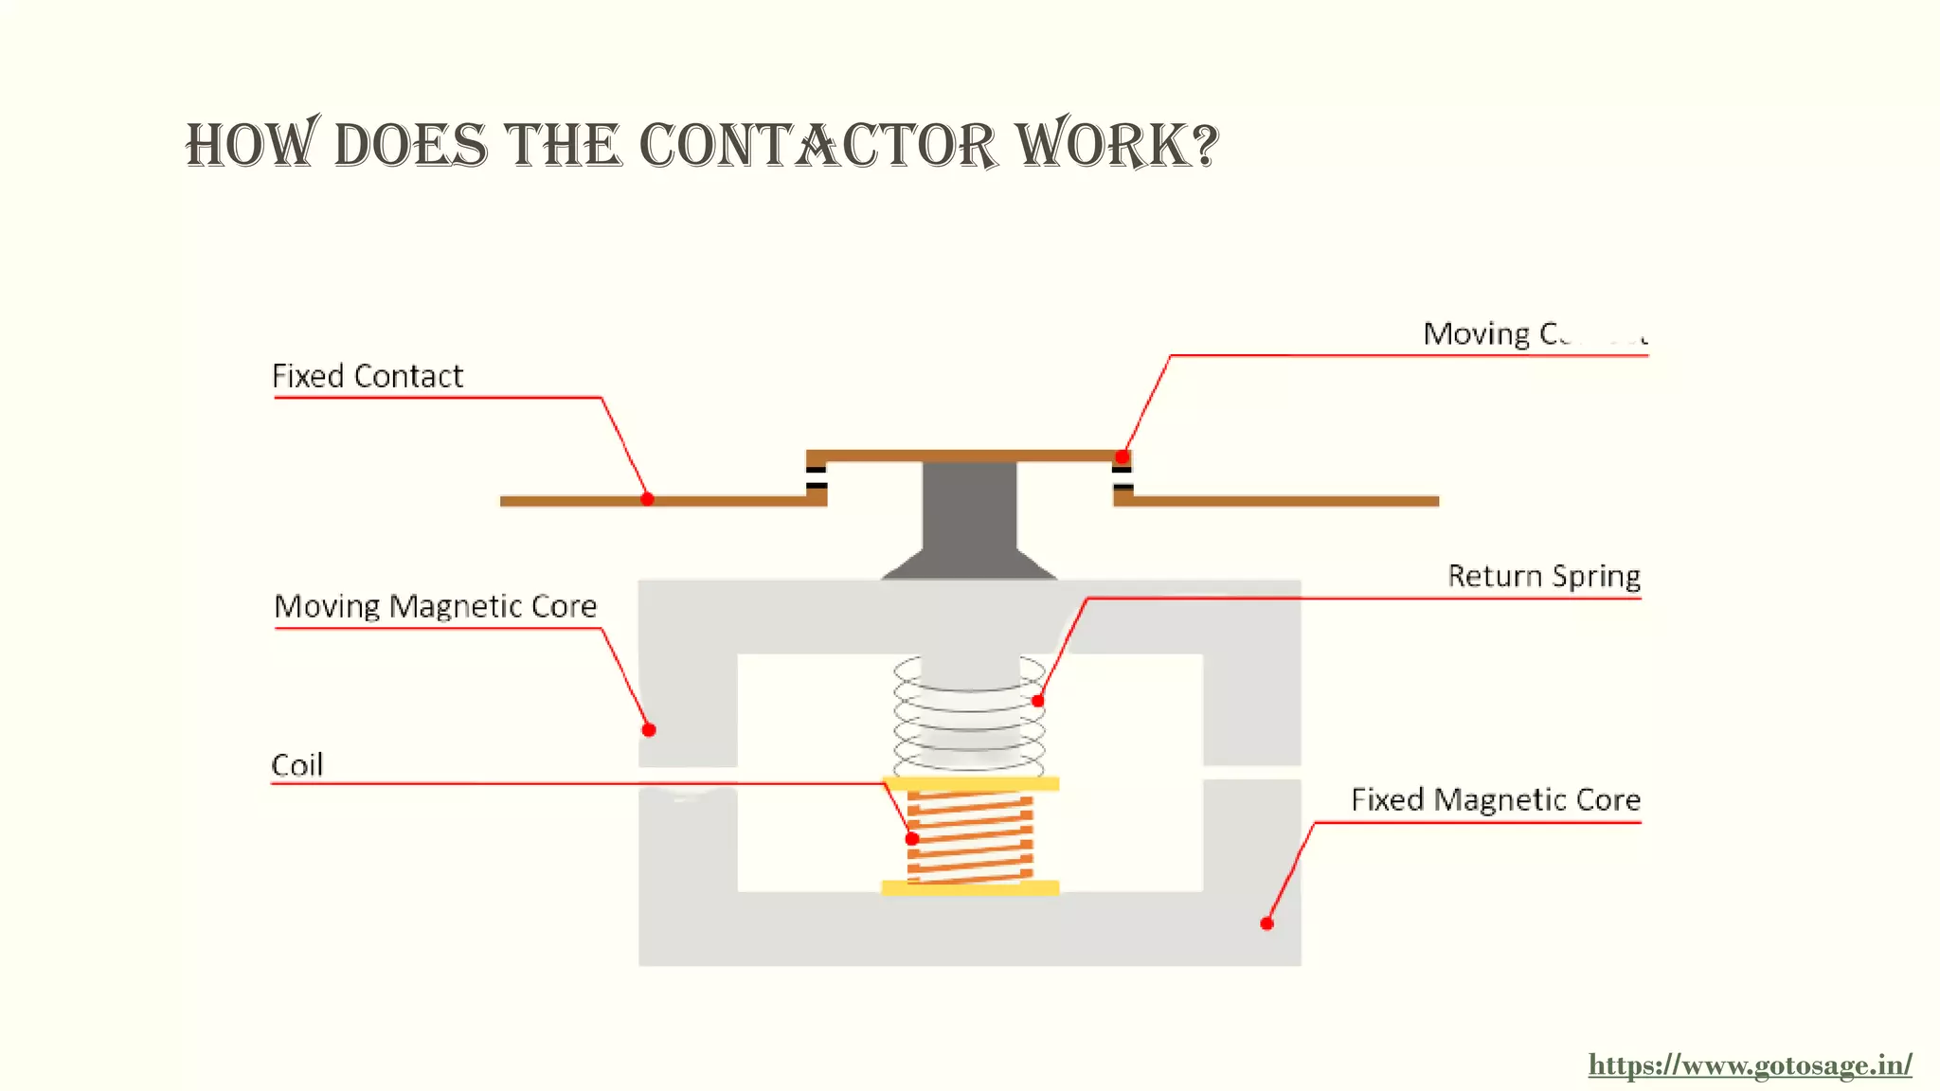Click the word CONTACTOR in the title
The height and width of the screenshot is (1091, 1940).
[817, 147]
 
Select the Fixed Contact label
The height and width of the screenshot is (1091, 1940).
[368, 376]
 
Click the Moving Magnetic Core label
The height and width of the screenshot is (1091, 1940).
[436, 606]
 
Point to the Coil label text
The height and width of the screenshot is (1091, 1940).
[297, 765]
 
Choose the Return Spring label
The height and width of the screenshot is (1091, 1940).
[1544, 576]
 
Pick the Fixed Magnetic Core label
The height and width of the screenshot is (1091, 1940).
[1496, 799]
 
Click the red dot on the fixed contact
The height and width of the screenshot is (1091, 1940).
[647, 499]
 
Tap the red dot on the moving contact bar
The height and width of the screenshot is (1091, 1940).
[1122, 456]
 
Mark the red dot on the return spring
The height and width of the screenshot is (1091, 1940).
[1038, 701]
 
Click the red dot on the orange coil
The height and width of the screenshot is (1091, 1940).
[912, 838]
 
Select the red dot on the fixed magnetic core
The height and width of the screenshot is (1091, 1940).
[1266, 923]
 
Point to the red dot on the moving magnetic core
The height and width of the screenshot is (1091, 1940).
[649, 729]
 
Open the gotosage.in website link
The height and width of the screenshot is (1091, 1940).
[1750, 1065]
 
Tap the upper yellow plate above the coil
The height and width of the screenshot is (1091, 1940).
[970, 783]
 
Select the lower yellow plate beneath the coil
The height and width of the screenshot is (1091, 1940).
[970, 887]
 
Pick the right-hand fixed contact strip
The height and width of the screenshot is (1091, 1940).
[1279, 501]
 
